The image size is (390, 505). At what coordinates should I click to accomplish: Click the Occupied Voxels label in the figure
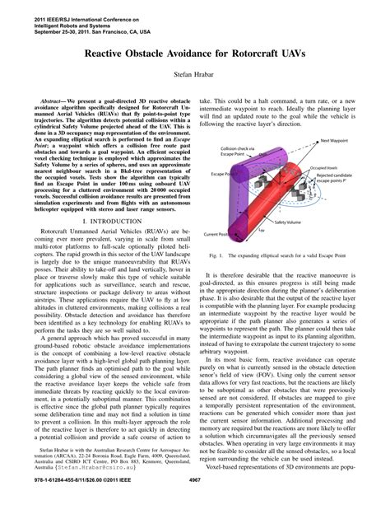coord(345,167)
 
